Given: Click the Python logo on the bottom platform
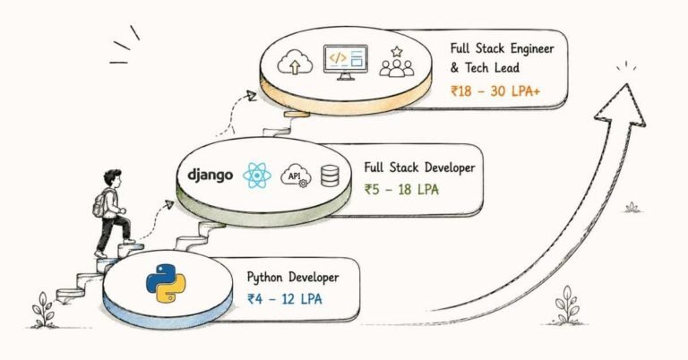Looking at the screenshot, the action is click(x=166, y=284).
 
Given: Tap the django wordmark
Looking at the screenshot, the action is click(x=211, y=176).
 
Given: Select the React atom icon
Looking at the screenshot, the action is click(x=257, y=175).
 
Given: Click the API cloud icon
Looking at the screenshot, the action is click(x=296, y=176).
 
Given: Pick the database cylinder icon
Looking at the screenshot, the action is click(x=330, y=176).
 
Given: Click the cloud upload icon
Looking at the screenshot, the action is click(x=295, y=63).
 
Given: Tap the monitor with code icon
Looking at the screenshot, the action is click(x=345, y=63).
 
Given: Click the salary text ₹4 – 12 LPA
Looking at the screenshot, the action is click(x=285, y=299).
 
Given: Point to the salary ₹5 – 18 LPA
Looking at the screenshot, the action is click(x=401, y=190).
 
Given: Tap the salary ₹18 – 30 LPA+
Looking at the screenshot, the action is click(x=495, y=91).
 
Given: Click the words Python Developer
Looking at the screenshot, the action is click(x=293, y=278).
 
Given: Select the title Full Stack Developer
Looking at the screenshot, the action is click(x=419, y=167).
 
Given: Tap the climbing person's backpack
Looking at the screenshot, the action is click(x=100, y=204).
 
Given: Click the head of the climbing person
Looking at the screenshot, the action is click(x=112, y=178).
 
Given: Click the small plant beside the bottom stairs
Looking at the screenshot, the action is click(x=43, y=310).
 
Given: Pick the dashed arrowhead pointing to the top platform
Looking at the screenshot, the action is click(x=252, y=96).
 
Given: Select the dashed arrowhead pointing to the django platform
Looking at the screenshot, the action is click(x=169, y=204).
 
